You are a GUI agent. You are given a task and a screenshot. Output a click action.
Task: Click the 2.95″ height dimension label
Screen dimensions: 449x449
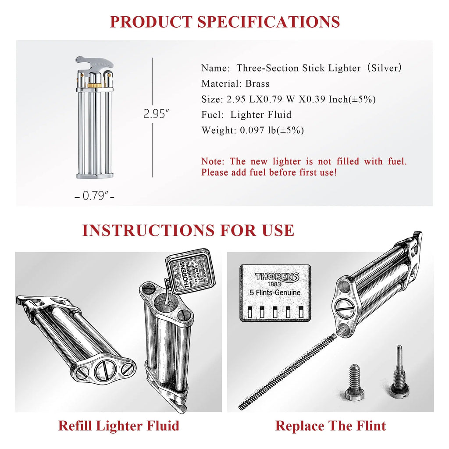click(x=156, y=114)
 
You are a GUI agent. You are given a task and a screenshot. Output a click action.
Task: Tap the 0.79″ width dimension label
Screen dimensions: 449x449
click(x=95, y=196)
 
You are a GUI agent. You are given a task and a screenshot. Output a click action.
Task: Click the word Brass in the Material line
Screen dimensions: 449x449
click(x=257, y=83)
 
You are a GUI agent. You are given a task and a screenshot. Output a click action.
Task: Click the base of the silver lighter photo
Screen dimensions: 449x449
click(x=95, y=175)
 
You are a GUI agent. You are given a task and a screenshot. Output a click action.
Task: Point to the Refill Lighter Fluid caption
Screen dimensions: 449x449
click(x=118, y=425)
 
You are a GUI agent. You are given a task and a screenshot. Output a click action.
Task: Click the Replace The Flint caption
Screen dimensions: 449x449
click(x=330, y=425)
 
